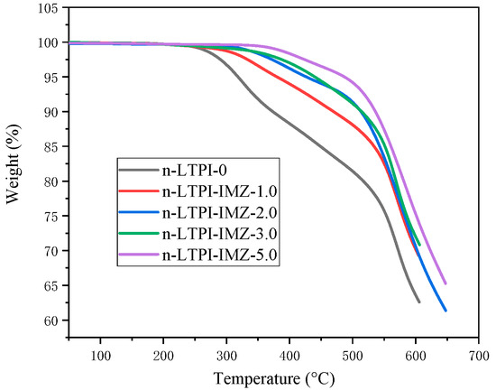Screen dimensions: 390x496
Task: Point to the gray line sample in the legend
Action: pos(138,170)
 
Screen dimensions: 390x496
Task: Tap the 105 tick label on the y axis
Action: pos(27,8)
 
